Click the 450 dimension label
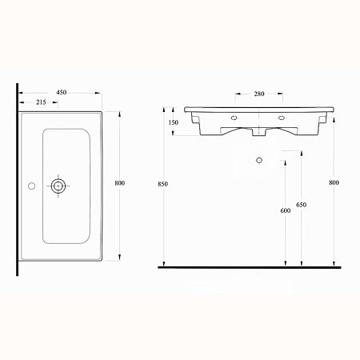pyautogui.click(x=62, y=92)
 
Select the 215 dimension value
pyautogui.click(x=41, y=102)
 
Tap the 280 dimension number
pyautogui.click(x=259, y=94)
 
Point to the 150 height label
pyautogui.click(x=174, y=122)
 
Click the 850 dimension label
pyautogui.click(x=162, y=184)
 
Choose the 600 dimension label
pyautogui.click(x=286, y=210)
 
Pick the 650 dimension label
pyautogui.click(x=302, y=205)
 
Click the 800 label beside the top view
pyautogui.click(x=120, y=183)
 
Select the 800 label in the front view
pyautogui.click(x=334, y=182)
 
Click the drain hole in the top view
pyautogui.click(x=58, y=186)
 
